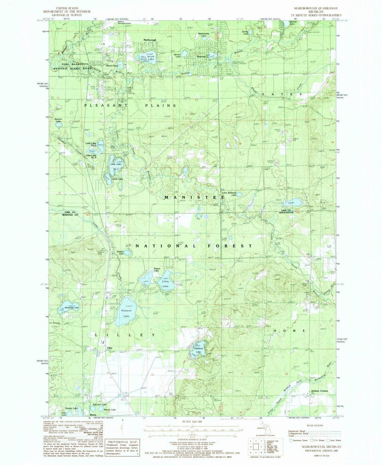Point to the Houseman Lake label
click(71, 308)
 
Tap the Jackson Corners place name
click(320, 391)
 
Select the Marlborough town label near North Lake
click(149, 40)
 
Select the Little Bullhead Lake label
click(229, 193)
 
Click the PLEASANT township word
click(102, 106)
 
